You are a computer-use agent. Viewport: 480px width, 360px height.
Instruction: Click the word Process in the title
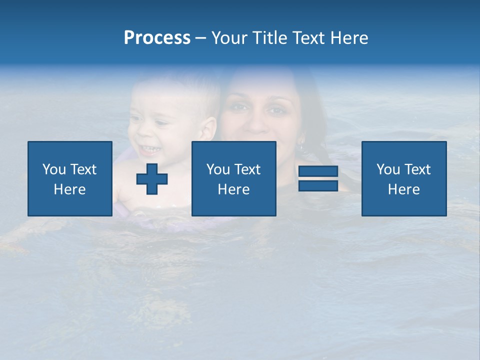[157, 38]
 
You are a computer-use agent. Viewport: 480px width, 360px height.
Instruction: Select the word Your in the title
[228, 38]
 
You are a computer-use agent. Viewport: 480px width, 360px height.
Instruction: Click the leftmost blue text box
[70, 178]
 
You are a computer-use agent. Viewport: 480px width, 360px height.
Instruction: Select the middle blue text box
[233, 178]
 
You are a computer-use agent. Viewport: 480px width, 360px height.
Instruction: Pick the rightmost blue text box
[403, 178]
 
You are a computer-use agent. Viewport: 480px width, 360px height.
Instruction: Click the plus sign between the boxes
[152, 179]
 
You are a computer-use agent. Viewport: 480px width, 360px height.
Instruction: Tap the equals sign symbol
[318, 178]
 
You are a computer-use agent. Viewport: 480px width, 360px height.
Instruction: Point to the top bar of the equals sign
[318, 171]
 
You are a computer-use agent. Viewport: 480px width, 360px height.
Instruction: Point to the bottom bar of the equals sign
[318, 185]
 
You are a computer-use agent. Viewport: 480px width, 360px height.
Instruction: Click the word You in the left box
[54, 169]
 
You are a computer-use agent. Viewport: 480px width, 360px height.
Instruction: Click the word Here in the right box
[403, 189]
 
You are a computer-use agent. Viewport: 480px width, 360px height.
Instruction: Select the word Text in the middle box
[247, 169]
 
